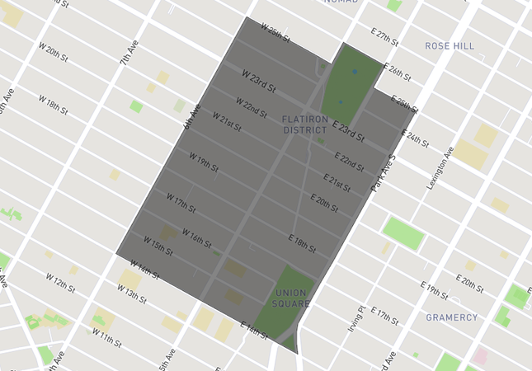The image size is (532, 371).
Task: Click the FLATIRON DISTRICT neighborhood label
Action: coord(305,124)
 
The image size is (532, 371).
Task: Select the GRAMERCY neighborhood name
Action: coord(451,317)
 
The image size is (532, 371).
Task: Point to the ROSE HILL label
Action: coord(450,46)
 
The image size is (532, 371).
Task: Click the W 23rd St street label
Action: coord(258,80)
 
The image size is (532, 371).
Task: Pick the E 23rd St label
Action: coord(348,129)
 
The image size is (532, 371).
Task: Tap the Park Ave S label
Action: coord(384,173)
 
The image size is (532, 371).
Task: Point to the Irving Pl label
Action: coord(355,318)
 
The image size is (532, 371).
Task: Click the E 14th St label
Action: coord(254,329)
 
